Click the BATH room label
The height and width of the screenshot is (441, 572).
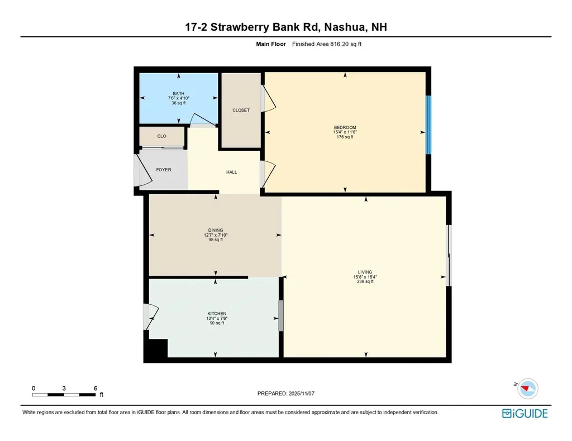click(x=178, y=94)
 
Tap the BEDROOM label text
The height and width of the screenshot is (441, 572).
click(x=345, y=127)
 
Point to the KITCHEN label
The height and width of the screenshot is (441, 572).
click(x=216, y=314)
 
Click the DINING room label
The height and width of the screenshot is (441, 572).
click(x=216, y=230)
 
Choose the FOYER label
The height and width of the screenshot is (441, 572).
click(x=164, y=170)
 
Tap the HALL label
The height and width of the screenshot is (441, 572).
click(x=231, y=172)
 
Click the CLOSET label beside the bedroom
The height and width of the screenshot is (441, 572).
click(x=241, y=111)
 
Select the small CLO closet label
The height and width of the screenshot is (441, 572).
click(x=161, y=136)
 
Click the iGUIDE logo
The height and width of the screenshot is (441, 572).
click(x=525, y=414)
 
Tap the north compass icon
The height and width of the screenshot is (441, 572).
click(x=527, y=388)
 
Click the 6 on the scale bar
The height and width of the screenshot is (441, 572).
click(x=96, y=388)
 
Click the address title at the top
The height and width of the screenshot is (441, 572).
click(x=286, y=27)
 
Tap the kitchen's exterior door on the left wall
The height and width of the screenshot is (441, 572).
click(x=150, y=316)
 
